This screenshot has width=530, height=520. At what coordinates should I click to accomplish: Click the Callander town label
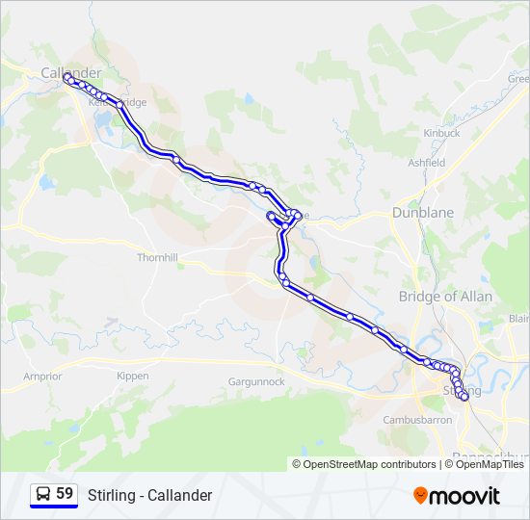coord(70,73)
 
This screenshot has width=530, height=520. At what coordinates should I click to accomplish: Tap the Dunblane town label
coord(416,213)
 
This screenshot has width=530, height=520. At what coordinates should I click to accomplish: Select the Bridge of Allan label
coord(445,297)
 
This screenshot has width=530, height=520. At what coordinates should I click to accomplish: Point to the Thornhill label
coord(158,258)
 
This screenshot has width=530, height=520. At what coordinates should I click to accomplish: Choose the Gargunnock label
coord(256,382)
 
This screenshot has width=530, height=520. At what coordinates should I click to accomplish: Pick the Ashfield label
coord(426,164)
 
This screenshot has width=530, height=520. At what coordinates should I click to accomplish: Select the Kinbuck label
coord(440,133)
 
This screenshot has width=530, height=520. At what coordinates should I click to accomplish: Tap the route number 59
coord(65,494)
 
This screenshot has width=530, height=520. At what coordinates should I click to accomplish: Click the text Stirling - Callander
coord(149,495)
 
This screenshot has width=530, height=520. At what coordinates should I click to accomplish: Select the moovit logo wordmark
coord(464,496)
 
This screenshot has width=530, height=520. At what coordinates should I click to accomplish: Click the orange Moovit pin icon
coord(420,496)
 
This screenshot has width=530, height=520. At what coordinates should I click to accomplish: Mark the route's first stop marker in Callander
coord(68,79)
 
